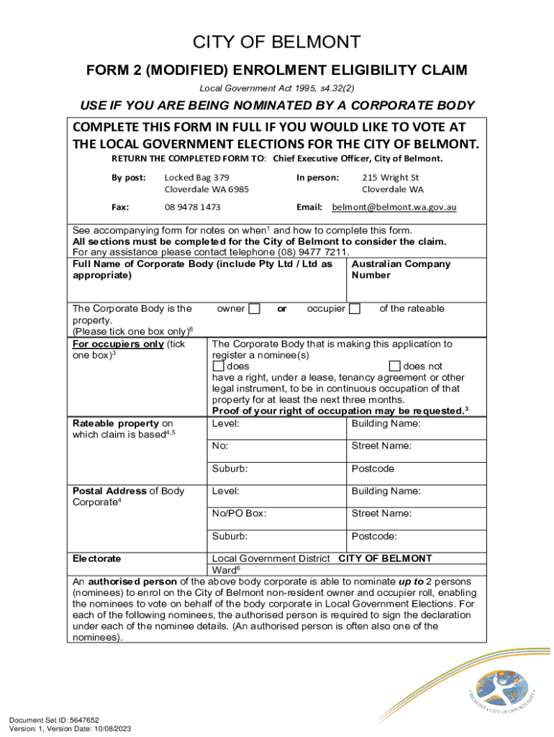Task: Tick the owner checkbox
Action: pos(254,309)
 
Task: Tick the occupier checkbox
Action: pos(355,309)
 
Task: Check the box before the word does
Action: pos(219,366)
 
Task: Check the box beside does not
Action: pos(394,366)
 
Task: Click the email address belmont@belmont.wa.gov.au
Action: pos(394,207)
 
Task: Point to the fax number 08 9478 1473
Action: pos(192,207)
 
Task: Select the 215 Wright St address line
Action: pos(390,177)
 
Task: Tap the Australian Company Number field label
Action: pos(401,269)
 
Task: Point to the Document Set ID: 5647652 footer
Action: pos(54,720)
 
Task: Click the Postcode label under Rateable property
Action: pos(372,469)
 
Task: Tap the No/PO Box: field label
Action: pos(239,513)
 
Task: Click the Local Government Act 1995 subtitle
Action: pos(277,89)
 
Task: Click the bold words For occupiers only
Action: pos(118,344)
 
